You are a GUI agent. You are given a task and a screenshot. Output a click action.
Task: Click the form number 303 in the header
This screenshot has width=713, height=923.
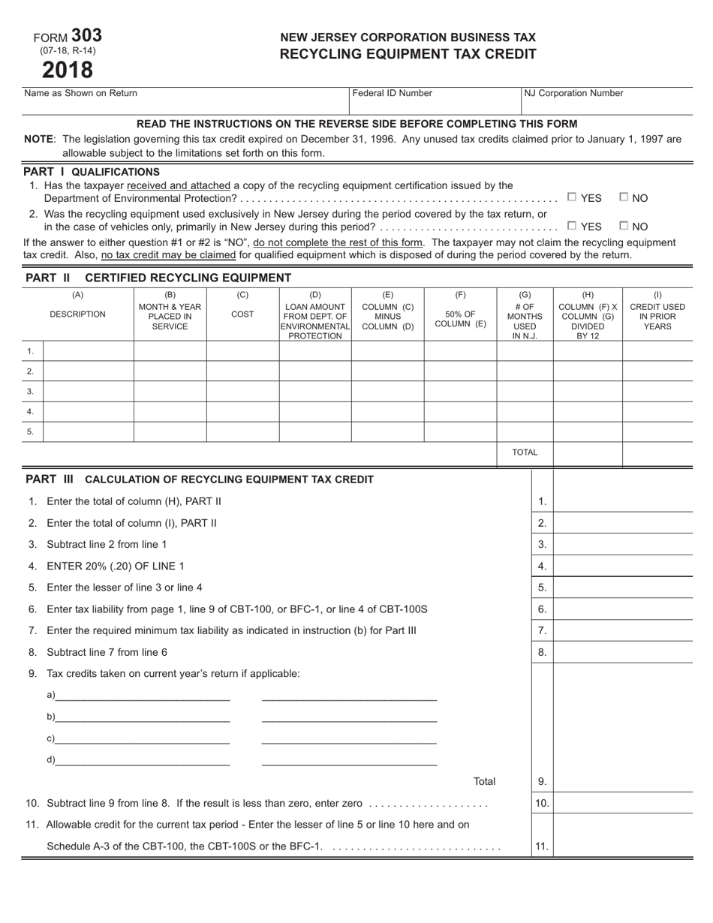(x=87, y=35)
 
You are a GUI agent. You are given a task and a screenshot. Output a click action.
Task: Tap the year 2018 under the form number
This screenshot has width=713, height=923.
(x=68, y=70)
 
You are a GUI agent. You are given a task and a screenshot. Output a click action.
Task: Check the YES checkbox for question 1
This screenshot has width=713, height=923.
(x=572, y=197)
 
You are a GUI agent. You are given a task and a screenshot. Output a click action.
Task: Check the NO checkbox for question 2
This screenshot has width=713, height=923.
(x=624, y=225)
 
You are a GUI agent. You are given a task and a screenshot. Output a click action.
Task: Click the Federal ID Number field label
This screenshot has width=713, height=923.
(x=393, y=93)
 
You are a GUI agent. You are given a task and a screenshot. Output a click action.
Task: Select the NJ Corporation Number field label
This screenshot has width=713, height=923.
(x=573, y=93)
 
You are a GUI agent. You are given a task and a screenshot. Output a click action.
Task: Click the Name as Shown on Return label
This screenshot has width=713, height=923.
(x=81, y=93)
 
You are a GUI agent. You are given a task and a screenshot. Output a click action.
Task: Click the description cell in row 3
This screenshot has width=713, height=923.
(x=89, y=392)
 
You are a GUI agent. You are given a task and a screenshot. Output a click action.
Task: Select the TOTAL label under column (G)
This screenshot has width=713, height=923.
(x=525, y=452)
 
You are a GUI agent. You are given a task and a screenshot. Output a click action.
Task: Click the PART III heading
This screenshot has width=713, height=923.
(x=200, y=480)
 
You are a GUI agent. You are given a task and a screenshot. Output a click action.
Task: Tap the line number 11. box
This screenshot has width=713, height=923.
(x=542, y=846)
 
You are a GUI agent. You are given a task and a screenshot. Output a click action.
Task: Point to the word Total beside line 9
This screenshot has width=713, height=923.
(x=484, y=781)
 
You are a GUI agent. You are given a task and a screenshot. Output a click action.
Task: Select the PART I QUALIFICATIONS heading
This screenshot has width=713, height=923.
(x=92, y=172)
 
